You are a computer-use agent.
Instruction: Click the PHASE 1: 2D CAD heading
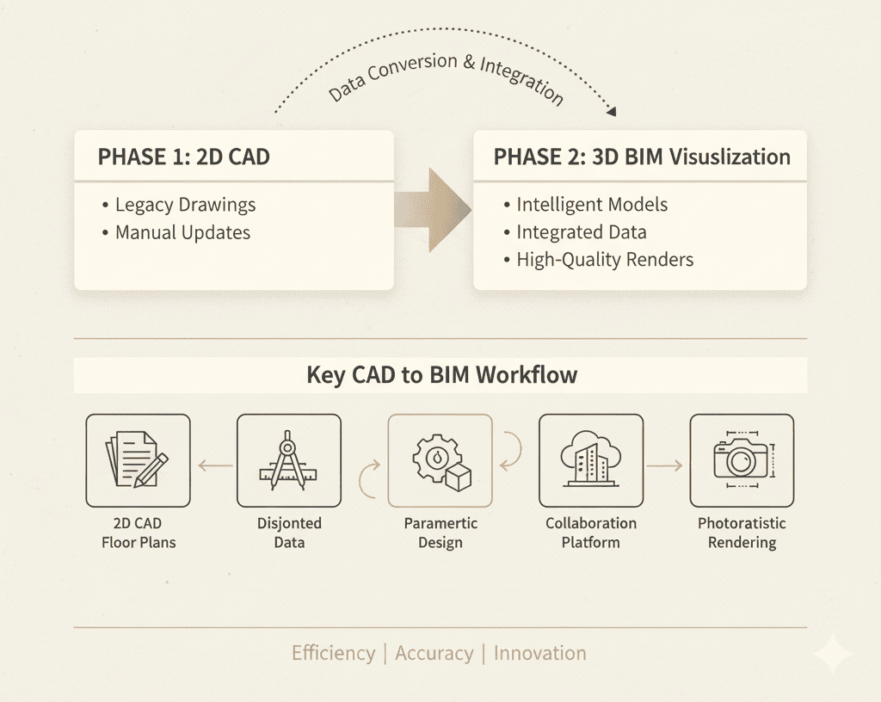183,157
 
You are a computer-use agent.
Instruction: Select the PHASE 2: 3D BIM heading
641,157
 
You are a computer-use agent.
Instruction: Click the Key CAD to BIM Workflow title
441,375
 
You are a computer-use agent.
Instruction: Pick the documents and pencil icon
138,460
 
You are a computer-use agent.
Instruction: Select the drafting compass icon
289,460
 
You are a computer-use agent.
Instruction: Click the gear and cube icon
440,460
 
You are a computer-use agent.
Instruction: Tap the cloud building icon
591,460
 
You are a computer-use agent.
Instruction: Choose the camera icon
742,460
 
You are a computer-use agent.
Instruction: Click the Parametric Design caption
440,533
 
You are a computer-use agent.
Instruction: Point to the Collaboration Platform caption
591,533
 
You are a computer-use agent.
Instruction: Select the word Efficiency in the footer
333,653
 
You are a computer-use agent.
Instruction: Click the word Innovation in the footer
539,653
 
